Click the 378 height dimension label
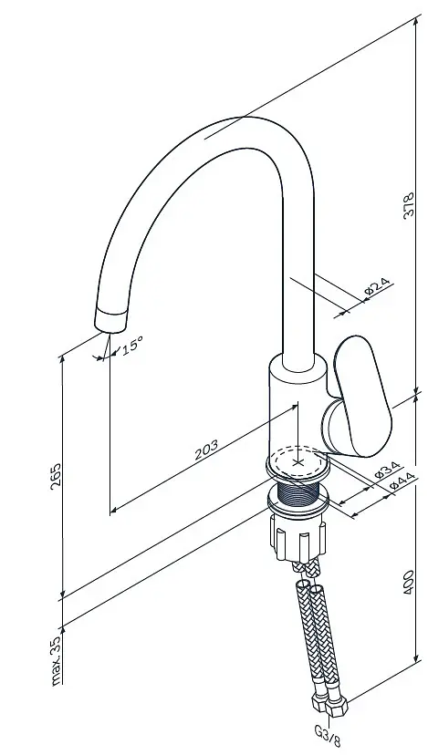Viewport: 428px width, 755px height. [408, 205]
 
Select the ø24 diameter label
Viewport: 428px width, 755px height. [378, 286]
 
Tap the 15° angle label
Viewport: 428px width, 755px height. [132, 346]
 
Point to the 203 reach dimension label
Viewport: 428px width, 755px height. [206, 450]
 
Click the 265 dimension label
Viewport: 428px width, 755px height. [56, 476]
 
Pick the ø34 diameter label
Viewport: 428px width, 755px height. [387, 470]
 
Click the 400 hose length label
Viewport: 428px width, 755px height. [408, 582]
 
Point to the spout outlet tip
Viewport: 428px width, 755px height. [112, 320]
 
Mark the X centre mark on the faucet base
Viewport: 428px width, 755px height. [298, 462]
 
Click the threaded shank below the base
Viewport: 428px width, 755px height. [298, 491]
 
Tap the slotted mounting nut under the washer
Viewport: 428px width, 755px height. [298, 537]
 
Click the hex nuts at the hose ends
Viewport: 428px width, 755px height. [330, 703]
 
